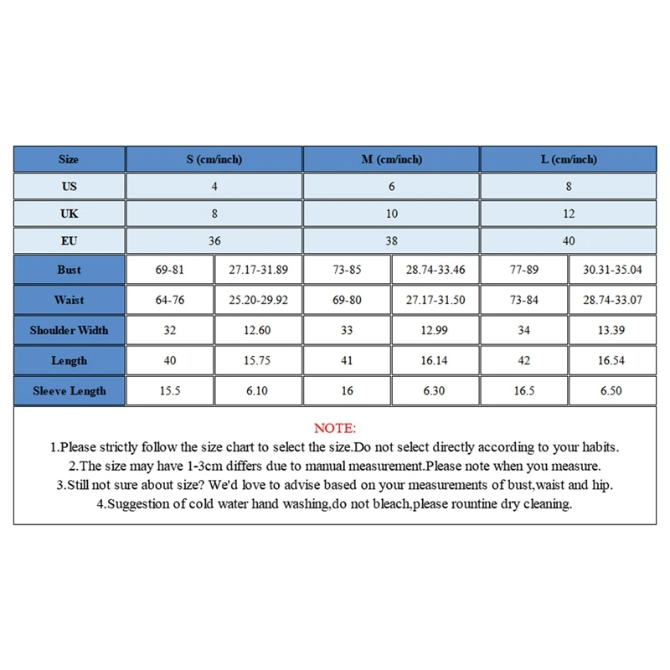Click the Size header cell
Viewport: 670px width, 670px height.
pos(69,159)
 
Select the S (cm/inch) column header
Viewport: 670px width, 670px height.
pos(214,159)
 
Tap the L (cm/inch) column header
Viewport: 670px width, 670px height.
pos(569,159)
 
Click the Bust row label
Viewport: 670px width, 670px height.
pos(69,270)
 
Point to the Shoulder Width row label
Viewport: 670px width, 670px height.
pos(69,330)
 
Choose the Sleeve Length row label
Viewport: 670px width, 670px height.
pos(69,391)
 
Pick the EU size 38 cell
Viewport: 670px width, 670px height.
pos(391,240)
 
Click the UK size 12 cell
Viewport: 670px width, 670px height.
pos(569,214)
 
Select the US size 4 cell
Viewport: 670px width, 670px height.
pos(214,186)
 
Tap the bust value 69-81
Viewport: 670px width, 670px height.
pos(170,270)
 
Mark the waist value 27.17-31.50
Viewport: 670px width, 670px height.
pos(435,300)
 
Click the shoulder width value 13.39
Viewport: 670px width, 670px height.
pos(612,330)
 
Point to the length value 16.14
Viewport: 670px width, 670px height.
pos(435,361)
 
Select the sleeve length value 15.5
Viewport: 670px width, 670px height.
pos(170,391)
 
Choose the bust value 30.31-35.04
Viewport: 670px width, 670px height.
pos(612,270)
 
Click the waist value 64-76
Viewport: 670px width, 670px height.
pos(170,300)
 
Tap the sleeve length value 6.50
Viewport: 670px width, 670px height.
pos(612,391)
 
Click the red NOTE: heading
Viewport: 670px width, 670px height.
pos(335,428)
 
